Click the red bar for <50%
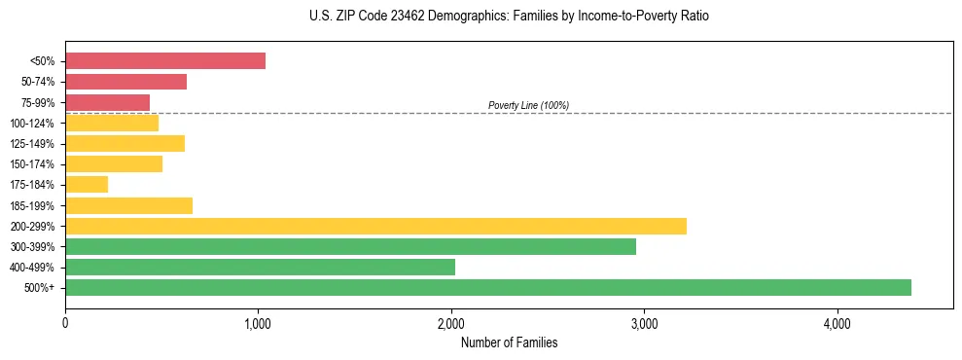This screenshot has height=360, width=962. [165, 61]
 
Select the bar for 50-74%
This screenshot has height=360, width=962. [125, 82]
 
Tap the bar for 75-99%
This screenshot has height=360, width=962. [107, 102]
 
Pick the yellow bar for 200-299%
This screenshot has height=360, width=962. [375, 226]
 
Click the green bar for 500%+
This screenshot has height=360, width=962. [487, 287]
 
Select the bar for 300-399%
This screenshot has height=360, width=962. [350, 246]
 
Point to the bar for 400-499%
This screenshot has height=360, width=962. [260, 267]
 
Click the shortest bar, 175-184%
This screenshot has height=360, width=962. [87, 185]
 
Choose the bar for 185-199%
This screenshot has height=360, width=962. [128, 205]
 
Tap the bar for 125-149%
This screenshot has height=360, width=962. [125, 144]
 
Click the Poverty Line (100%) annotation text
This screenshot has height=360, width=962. [528, 105]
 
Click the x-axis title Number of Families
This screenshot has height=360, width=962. [509, 342]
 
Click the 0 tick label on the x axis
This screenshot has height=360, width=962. [65, 324]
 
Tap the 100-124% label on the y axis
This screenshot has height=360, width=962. [32, 124]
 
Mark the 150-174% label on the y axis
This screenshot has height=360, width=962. [32, 164]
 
